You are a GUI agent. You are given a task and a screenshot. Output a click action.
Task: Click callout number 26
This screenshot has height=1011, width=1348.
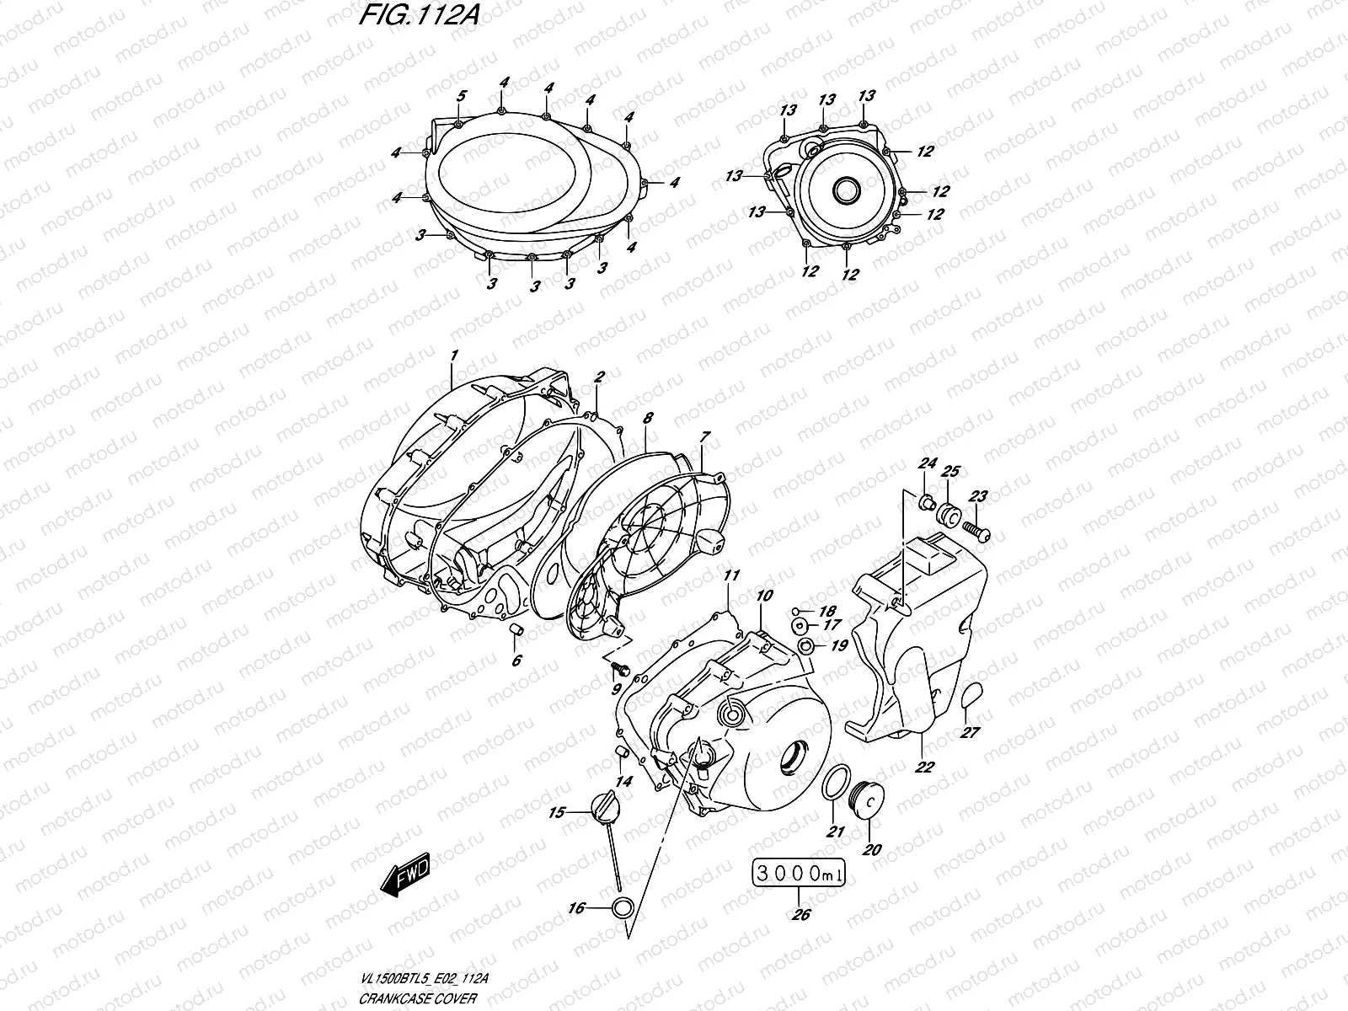800,915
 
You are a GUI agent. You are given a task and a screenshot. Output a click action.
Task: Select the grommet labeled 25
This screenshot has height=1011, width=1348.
949,514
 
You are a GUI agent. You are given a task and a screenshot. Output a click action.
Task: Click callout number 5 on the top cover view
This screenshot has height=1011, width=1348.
461,96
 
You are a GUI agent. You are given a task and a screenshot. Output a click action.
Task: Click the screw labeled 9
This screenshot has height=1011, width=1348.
620,669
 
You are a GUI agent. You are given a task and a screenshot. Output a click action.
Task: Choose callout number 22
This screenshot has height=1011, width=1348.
924,768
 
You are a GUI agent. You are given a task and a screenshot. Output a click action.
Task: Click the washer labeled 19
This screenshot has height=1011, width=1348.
805,646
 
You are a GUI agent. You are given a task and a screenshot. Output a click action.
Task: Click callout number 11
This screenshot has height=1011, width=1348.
731,575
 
